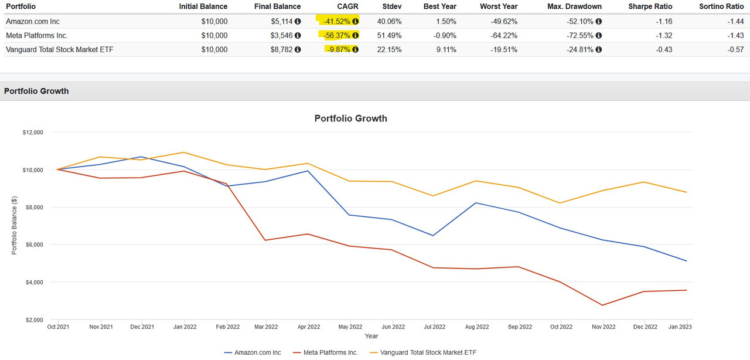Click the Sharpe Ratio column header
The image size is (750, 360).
tap(650, 6)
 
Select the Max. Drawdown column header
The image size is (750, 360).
tap(575, 6)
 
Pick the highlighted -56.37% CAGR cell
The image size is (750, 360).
tap(337, 35)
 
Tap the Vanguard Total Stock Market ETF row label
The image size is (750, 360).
tap(59, 49)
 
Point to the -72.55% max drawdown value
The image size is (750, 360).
tap(580, 35)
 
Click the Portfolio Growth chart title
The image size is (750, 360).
tap(350, 118)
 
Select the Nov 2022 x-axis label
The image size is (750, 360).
tap(604, 327)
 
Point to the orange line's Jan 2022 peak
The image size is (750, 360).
tap(185, 152)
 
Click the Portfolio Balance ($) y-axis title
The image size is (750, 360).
tap(13, 225)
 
